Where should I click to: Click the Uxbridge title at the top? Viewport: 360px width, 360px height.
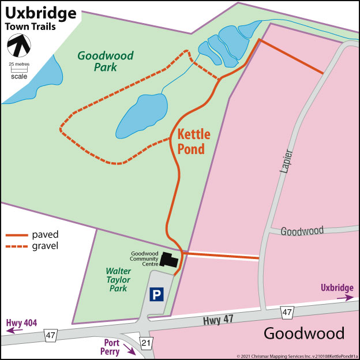pyautogui.click(x=40, y=12)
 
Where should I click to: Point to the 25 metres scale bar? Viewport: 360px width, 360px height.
pyautogui.click(x=19, y=69)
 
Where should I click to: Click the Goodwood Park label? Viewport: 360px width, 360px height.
pyautogui.click(x=106, y=61)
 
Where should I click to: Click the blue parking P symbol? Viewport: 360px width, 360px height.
pyautogui.click(x=156, y=295)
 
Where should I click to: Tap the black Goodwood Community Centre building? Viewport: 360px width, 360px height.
pyautogui.click(x=168, y=260)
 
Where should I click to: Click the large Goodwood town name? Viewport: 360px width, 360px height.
pyautogui.click(x=303, y=333)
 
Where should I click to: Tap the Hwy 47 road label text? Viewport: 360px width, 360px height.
pyautogui.click(x=213, y=318)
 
